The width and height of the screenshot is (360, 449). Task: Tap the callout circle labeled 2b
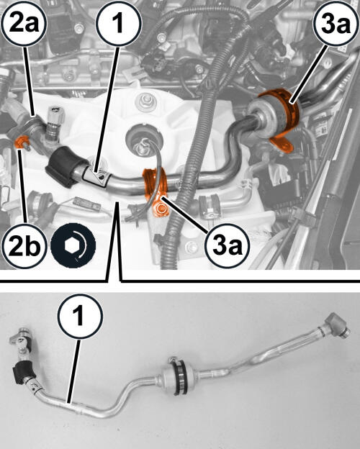pyautogui.click(x=24, y=245)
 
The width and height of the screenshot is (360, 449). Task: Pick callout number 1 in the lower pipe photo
pyautogui.click(x=80, y=316)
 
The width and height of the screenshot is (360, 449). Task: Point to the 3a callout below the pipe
pyautogui.click(x=228, y=245)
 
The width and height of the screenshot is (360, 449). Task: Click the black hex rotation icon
pyautogui.click(x=73, y=245)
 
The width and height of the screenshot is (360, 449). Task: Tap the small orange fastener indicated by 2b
pyautogui.click(x=22, y=142)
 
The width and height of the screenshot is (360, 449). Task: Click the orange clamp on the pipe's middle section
pyautogui.click(x=154, y=183)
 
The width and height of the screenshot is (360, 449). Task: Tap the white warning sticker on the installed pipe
pyautogui.click(x=97, y=178)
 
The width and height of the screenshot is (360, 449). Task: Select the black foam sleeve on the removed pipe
pyautogui.click(x=24, y=372)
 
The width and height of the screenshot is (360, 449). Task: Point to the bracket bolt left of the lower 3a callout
pyautogui.click(x=191, y=246)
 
